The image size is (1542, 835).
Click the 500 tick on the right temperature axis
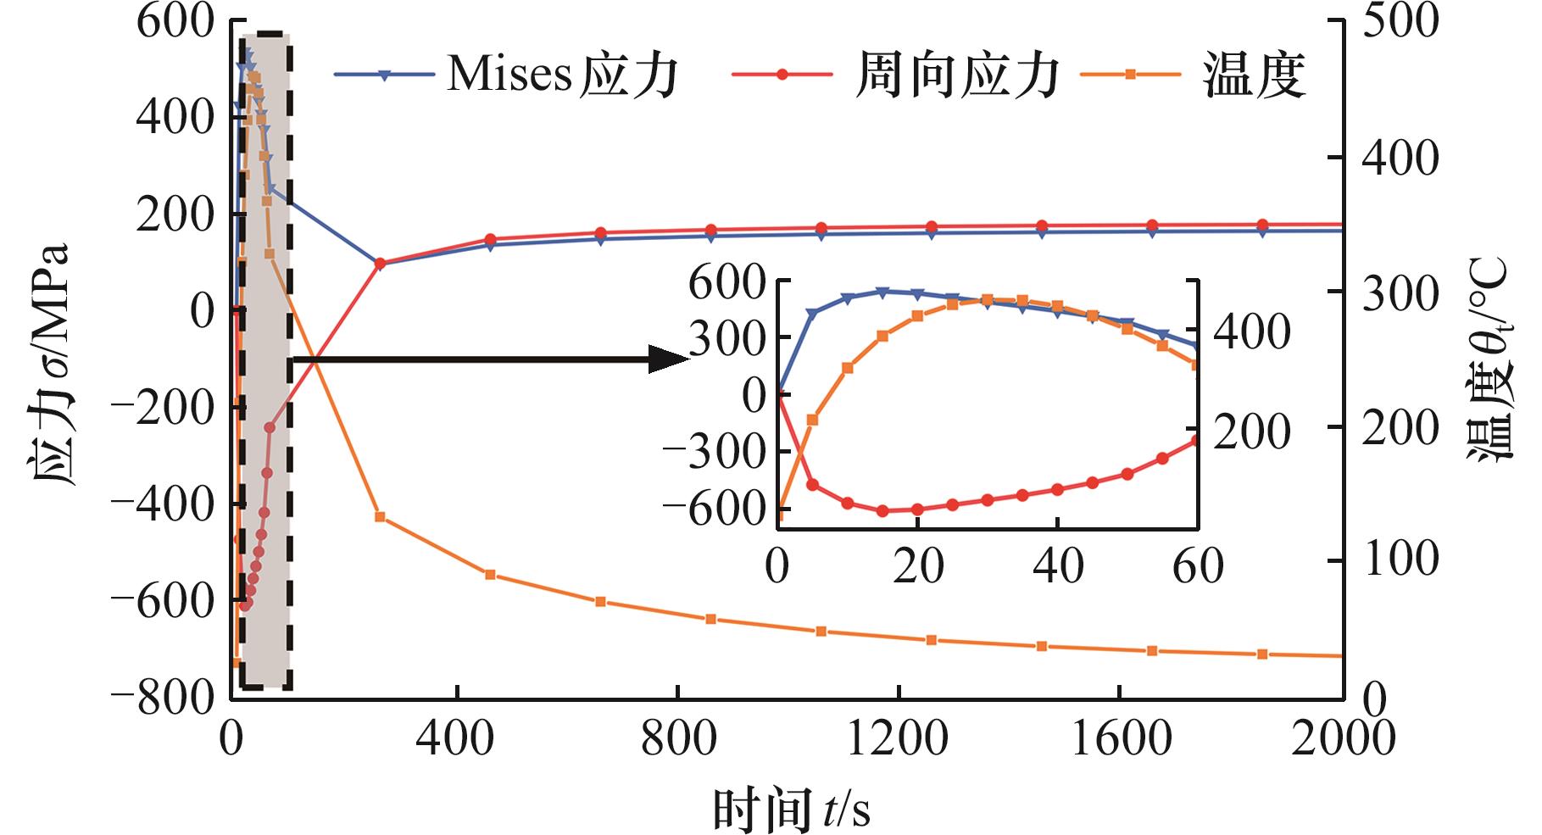1399,22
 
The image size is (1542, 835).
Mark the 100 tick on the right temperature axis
1399,560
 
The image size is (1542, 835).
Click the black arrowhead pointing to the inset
670,359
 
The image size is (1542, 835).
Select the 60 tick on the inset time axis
1197,566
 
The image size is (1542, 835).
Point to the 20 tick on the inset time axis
917,566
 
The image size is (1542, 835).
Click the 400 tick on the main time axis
456,739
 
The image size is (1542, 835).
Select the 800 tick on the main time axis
678,739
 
